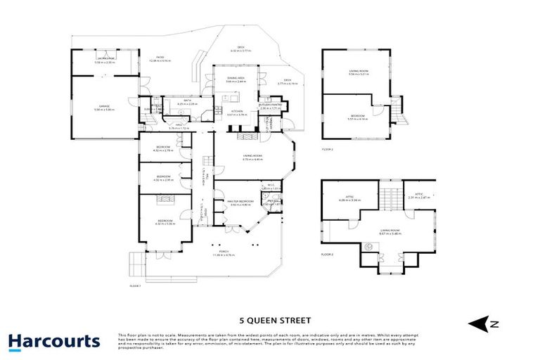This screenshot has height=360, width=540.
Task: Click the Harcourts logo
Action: click(54, 342)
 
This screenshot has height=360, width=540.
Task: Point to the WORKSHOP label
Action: click(104, 60)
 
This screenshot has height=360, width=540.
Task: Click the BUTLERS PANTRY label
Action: click(271, 106)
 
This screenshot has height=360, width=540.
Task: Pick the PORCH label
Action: click(224, 253)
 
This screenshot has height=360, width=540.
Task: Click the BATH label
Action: click(187, 102)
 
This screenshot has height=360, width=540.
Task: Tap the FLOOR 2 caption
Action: click(327, 150)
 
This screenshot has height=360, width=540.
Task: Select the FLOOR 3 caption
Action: click(327, 254)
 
